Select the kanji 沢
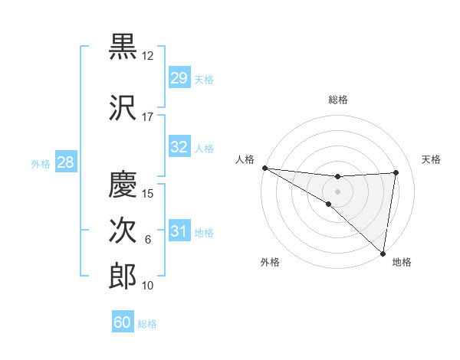coord(123,107)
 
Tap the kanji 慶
coord(123,185)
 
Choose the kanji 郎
coord(123,276)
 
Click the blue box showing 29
coord(179,78)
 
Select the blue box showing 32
coord(179,147)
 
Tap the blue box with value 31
coord(179,231)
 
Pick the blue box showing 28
coord(65,162)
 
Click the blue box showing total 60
coord(123,322)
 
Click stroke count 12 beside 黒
coord(147,56)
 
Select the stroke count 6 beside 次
coord(148,240)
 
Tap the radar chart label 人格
coord(245,159)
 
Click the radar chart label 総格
coord(338,100)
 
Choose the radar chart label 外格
coord(270,262)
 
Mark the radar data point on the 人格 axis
coord(264,168)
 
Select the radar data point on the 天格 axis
coord(396,172)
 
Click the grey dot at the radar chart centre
coord(337,191)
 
